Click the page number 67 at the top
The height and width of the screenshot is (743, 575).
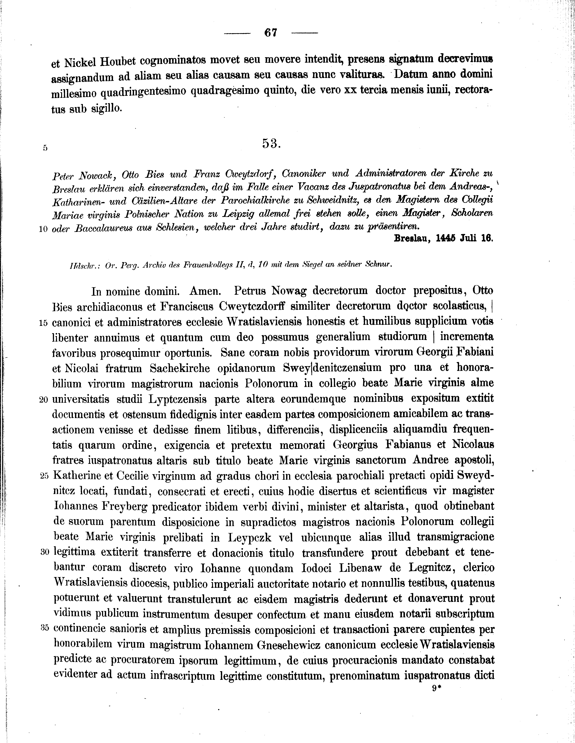[x=271, y=33]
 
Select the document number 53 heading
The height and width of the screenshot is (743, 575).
[x=271, y=144]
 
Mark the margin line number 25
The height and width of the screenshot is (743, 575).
[x=44, y=477]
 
